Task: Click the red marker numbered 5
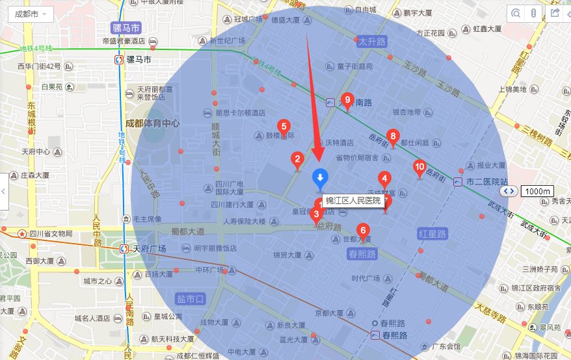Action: coord(284,127)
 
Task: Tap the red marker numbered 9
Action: coord(347,100)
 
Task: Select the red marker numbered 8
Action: coord(392,136)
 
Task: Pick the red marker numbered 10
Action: coord(420,168)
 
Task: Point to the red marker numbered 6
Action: coord(363,230)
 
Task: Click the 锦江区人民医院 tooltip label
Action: coord(353,201)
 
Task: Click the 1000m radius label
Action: coord(537,192)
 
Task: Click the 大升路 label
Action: coord(372,42)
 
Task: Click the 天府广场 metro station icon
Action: coord(124,249)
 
